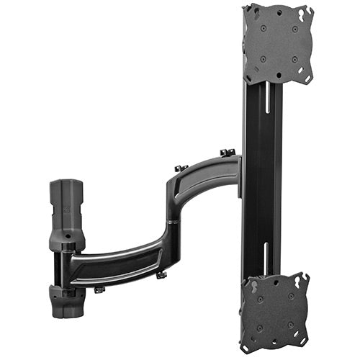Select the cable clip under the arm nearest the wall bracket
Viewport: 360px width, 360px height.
pos(99,289)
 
